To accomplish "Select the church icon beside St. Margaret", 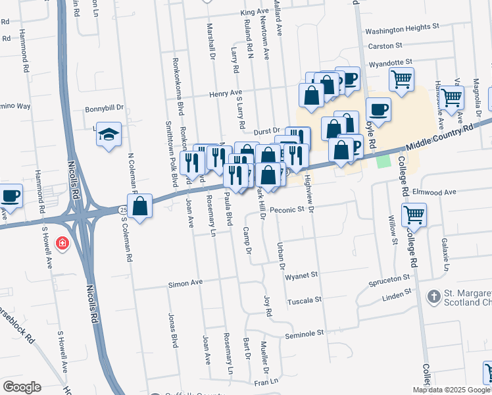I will click(x=433, y=297).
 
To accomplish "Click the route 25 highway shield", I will click(x=123, y=209).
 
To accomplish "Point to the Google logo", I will click(x=22, y=387).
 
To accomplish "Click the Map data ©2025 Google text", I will click(x=452, y=390).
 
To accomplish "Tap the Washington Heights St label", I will click(x=402, y=29).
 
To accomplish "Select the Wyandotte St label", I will click(x=395, y=64).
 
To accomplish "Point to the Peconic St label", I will click(x=285, y=209).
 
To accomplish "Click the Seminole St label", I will click(x=305, y=334).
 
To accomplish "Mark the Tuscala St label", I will click(x=304, y=300).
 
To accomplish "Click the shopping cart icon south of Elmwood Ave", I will click(x=414, y=213).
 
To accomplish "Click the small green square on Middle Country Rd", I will click(x=383, y=161).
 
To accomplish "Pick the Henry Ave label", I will click(x=226, y=94).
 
